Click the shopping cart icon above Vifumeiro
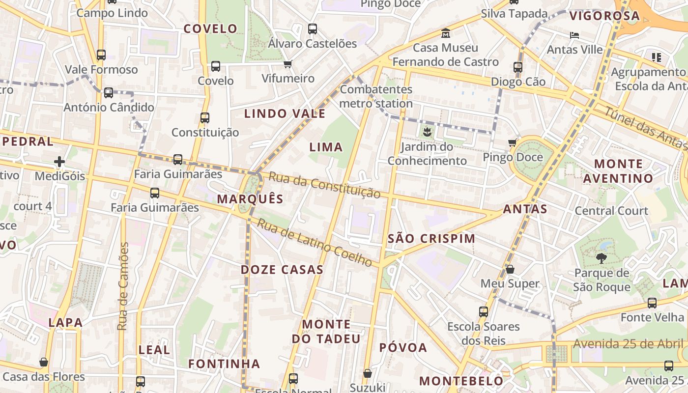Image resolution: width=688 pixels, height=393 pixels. (288, 64)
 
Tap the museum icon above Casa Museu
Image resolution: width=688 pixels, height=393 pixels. (446, 33)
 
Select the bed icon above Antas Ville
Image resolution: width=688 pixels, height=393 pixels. (574, 35)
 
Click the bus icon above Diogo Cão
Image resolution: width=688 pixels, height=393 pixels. (518, 67)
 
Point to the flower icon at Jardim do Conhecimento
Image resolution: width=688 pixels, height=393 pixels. (427, 131)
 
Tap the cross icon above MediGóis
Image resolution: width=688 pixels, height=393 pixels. (59, 161)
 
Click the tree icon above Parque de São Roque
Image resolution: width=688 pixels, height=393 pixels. (601, 258)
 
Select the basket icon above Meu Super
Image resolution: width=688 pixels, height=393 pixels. (510, 269)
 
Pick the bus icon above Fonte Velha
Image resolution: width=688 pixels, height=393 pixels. (652, 303)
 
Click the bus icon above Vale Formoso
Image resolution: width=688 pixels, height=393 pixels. (101, 55)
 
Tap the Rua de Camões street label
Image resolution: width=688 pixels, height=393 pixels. (123, 286)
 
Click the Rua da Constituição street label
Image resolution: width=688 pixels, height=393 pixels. (325, 185)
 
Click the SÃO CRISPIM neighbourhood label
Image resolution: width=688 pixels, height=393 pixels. (431, 239)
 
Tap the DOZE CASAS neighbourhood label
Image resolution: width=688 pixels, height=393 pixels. (282, 270)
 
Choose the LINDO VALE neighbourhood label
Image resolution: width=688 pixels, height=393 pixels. (285, 114)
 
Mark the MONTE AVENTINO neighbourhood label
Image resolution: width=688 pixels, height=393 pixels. (618, 171)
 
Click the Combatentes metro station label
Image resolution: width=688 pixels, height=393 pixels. (376, 96)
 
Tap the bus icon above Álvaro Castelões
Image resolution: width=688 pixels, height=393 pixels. (313, 28)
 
